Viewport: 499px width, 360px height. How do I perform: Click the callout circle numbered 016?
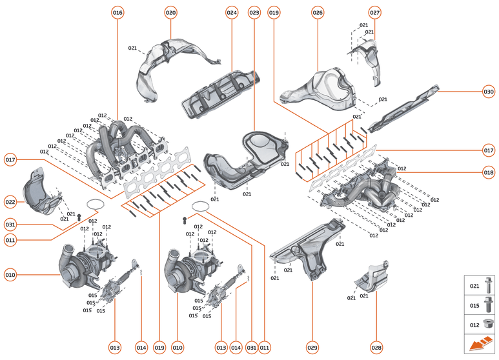pyautogui.click(x=117, y=13)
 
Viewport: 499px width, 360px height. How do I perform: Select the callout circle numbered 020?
pyautogui.click(x=170, y=13)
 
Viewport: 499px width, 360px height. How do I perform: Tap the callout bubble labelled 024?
pyautogui.click(x=232, y=13)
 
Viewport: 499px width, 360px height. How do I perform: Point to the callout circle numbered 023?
pyautogui.click(x=254, y=13)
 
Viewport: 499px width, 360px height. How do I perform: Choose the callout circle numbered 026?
pyautogui.click(x=318, y=13)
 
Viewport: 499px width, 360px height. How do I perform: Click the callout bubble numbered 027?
pyautogui.click(x=375, y=13)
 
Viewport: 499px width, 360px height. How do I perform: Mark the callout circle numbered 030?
pyautogui.click(x=489, y=91)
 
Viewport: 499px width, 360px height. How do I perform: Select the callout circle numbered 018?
pyautogui.click(x=489, y=172)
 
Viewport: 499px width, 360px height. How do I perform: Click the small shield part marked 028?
pyautogui.click(x=371, y=278)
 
